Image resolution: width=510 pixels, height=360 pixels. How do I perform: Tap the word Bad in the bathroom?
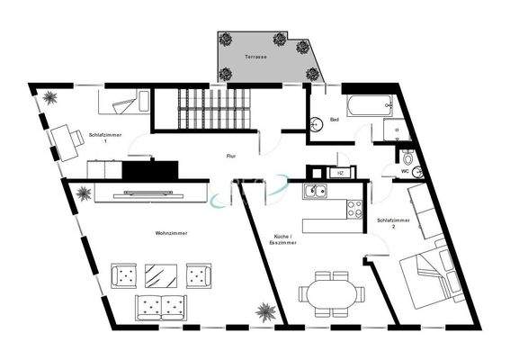coord(334,120)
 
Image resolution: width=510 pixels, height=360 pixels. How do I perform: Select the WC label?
coord(405,170)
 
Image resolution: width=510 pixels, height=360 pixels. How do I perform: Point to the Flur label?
coord(230,156)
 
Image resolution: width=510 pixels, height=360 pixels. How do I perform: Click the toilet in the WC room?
coord(407,155)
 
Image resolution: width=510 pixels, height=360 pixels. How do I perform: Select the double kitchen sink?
coord(316,191)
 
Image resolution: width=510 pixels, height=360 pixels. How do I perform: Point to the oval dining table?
coord(332,292)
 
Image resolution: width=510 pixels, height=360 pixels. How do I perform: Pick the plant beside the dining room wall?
coord(265,312)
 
